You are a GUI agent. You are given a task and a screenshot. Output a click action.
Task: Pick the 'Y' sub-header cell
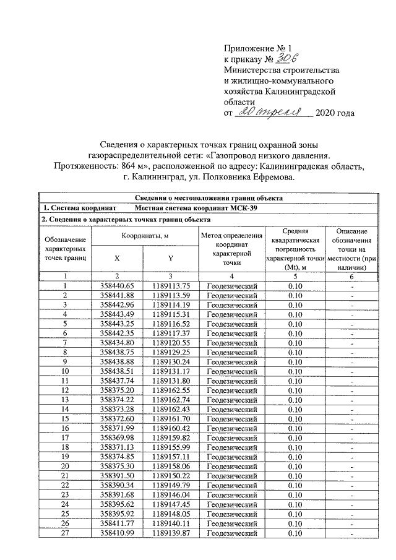[x=170, y=257]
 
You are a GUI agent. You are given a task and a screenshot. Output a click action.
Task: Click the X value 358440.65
[x=117, y=286]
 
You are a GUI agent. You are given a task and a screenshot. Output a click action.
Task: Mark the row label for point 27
[x=65, y=535]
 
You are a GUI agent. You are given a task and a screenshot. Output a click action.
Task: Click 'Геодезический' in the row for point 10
[x=231, y=372]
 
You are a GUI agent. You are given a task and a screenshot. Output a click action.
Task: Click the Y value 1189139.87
[x=170, y=535]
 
